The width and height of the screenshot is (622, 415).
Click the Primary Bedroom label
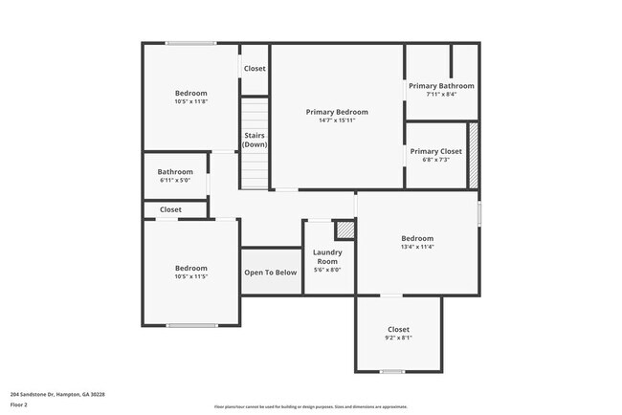coord(337,112)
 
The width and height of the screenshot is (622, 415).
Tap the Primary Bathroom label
coord(440,86)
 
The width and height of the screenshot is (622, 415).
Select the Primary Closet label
coord(435,151)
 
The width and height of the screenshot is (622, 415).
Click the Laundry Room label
coord(327,256)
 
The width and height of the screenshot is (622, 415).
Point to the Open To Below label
coord(270,273)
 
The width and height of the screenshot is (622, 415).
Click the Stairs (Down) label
coord(255,140)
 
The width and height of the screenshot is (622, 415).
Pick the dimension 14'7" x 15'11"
coord(337,120)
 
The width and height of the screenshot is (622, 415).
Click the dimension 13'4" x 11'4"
coord(417,247)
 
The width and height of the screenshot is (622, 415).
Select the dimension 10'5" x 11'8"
coord(190,101)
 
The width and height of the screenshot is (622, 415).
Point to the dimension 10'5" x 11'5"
coord(190,276)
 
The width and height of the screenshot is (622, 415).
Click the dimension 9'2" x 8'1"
coord(398,339)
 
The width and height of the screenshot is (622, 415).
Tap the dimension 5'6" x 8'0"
coord(327,270)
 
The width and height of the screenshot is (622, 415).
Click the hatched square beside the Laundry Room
coord(344,230)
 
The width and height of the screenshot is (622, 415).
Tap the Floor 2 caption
coord(20,405)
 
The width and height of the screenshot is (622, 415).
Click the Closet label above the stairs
coord(255,69)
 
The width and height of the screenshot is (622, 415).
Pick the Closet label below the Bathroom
coord(170,209)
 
